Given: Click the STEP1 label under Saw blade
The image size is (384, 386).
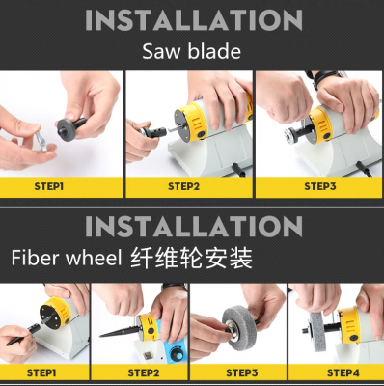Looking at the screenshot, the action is tap(49, 186).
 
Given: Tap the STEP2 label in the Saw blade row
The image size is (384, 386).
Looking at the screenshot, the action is tap(183, 186).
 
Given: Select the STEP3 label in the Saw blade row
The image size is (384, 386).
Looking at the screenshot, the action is tap(320, 186).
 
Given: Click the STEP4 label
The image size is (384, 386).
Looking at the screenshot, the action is tap(343, 373).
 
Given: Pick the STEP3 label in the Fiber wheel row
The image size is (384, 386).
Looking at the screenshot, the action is tap(242, 373).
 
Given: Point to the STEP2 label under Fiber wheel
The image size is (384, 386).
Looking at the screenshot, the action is tap(144, 373).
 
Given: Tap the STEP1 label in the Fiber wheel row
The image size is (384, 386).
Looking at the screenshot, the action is tap(41, 373).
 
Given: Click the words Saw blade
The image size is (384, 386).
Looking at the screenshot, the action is tap(192, 51).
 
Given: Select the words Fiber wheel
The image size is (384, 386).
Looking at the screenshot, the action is tap(67, 258).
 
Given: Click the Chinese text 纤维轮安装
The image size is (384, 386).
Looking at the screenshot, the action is tap(192, 258).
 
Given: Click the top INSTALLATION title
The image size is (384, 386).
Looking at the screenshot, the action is tap(194, 20).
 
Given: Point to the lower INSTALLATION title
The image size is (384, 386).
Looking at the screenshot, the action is tap(194, 226).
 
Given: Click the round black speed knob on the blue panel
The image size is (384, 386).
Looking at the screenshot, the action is tap(176, 356).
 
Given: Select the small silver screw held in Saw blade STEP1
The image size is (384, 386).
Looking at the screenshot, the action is tap(41, 141).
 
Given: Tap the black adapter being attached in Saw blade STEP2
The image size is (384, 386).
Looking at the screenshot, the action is tap(153, 132).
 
